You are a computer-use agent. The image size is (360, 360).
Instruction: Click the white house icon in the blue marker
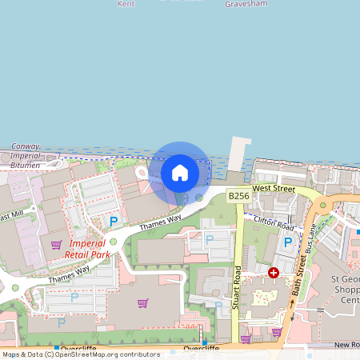tap(180, 172)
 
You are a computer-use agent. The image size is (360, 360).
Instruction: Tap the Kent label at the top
tap(126, 4)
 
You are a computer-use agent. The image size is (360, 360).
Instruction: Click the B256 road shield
tap(238, 195)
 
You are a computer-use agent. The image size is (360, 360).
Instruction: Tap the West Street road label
tap(274, 188)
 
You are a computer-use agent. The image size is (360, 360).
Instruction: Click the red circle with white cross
tap(274, 273)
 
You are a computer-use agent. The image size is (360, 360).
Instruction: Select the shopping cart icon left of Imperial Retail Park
tap(56, 245)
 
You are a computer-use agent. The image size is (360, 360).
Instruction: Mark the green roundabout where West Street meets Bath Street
tap(323, 205)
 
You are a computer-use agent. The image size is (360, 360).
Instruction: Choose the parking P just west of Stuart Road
tap(210, 238)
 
